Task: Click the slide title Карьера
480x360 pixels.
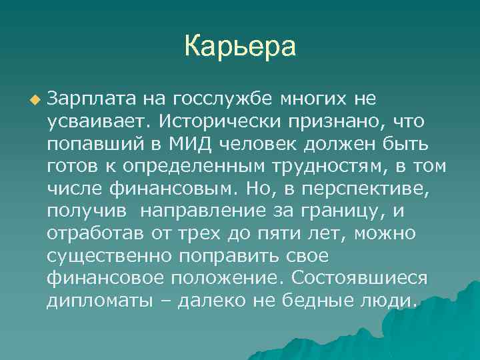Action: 239,47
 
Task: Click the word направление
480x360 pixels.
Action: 199,212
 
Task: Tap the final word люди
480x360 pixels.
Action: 389,301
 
